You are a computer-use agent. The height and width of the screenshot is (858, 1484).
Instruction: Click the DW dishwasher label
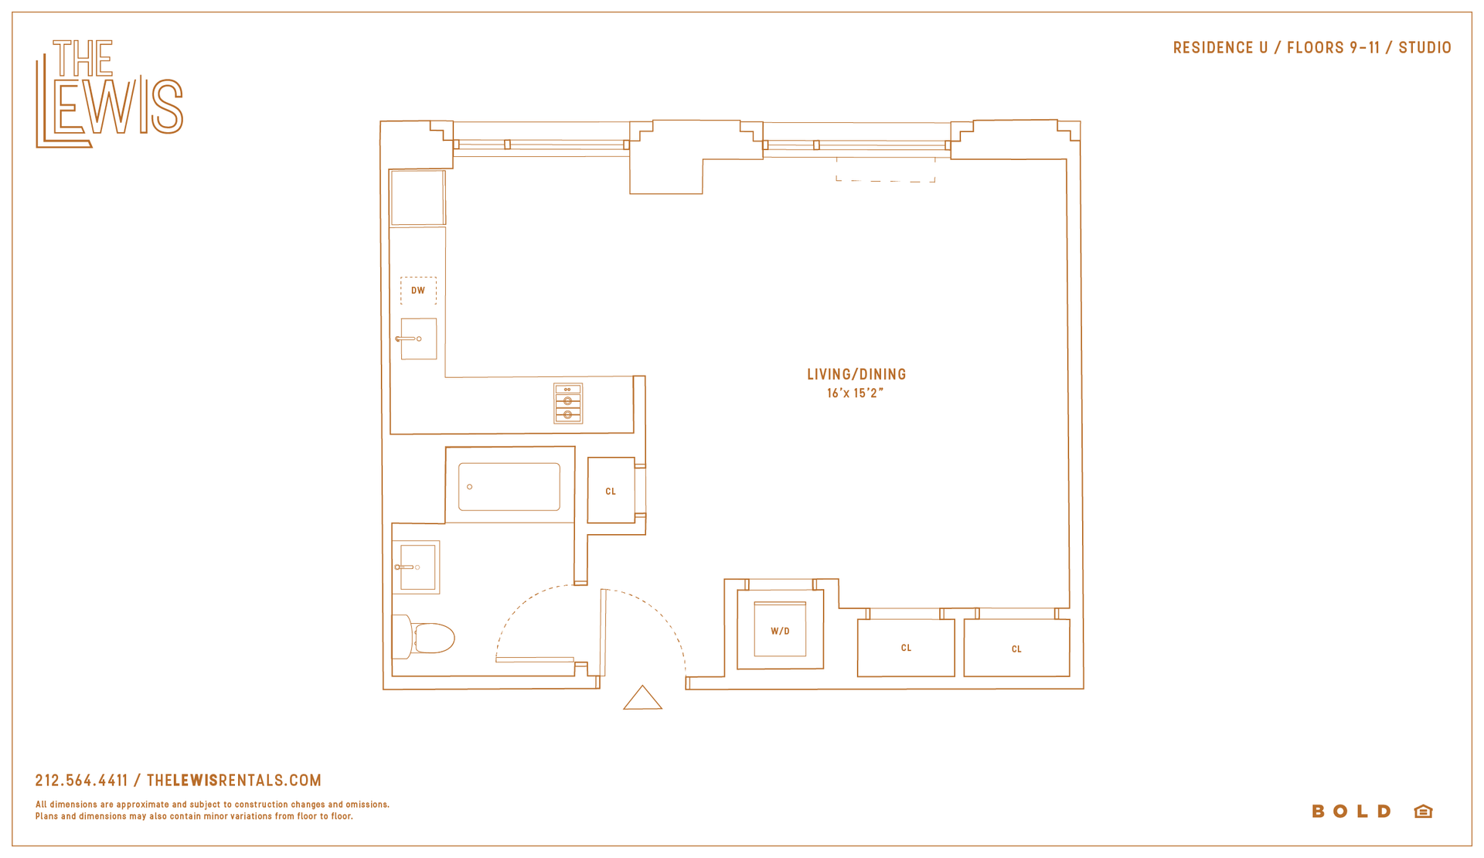tap(418, 291)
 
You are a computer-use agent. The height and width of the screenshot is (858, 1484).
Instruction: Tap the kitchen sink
tap(418, 339)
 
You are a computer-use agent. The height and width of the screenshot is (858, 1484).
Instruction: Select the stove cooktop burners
tap(568, 403)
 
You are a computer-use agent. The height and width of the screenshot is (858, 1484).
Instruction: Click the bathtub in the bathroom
tap(509, 487)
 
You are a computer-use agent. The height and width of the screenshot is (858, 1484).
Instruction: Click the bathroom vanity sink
tap(417, 567)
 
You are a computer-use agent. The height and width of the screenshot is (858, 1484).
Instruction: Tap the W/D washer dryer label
tap(781, 632)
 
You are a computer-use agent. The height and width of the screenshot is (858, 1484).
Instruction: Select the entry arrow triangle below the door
tap(643, 697)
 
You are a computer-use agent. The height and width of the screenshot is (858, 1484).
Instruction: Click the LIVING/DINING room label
tap(856, 375)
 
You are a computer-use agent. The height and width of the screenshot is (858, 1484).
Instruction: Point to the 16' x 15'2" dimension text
tap(855, 393)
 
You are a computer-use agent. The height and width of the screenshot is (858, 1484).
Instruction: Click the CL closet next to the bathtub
tap(611, 491)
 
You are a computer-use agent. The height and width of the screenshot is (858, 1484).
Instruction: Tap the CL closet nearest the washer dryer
tap(906, 648)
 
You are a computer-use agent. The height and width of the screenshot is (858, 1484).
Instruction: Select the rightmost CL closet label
tap(1016, 649)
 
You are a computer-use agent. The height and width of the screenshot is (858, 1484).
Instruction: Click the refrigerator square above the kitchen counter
tap(417, 198)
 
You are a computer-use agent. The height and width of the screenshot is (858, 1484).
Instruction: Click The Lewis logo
tap(109, 94)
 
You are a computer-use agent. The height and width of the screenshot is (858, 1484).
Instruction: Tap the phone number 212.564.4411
tap(82, 781)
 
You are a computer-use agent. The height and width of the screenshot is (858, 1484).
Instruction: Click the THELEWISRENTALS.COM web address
tap(234, 781)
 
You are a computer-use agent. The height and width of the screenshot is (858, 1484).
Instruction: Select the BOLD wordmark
tap(1352, 812)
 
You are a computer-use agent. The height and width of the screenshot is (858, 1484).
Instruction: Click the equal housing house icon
tap(1424, 811)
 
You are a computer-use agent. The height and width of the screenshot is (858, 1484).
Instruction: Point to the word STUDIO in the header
tap(1425, 48)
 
